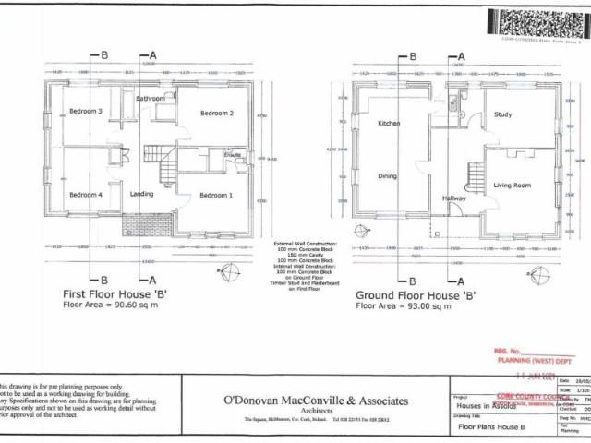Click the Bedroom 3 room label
point(85,113)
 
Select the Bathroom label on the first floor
point(151,98)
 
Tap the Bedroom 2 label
point(217,114)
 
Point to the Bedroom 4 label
point(85,195)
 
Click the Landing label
point(142,194)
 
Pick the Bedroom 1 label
point(216,195)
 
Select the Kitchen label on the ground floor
point(389,123)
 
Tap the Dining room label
point(388,175)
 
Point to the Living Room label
point(512,186)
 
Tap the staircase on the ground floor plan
point(476,174)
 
